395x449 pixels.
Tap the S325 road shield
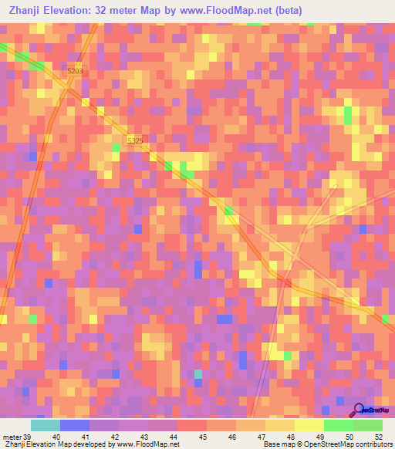point(135,140)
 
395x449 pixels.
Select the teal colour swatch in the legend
point(45,425)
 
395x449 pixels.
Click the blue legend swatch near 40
point(74,425)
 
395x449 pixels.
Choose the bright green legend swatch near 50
point(339,425)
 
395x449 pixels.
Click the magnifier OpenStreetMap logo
point(358,410)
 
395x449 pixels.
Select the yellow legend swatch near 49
point(309,425)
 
